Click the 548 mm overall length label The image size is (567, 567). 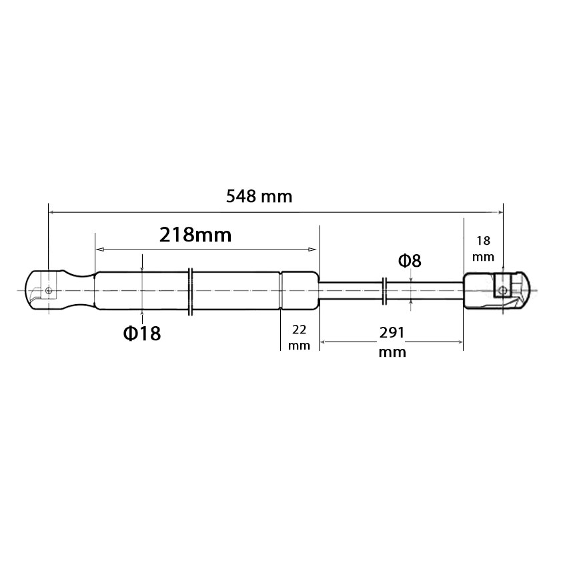259,196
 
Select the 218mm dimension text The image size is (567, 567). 195,235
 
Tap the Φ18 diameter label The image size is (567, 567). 142,333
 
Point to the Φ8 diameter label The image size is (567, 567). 410,260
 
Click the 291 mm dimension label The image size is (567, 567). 392,342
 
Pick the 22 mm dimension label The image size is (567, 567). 299,338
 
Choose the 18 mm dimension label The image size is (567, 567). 483,248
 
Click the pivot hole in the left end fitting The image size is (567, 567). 49,290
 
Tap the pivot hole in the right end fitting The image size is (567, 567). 502,290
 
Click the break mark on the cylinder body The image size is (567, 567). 191,292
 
